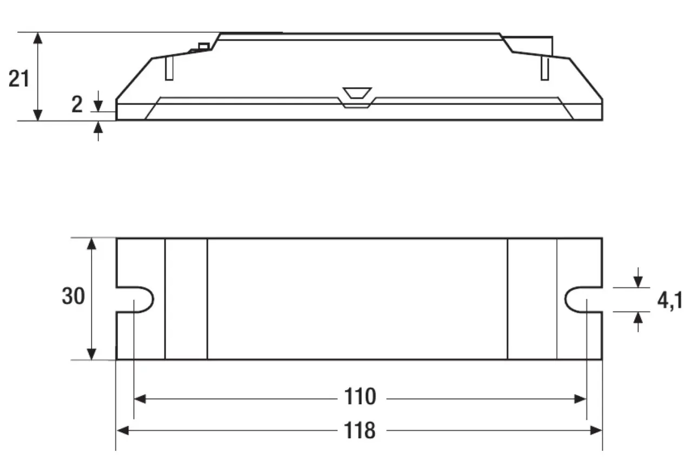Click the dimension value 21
[19, 79]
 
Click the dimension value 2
[77, 104]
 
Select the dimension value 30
[73, 297]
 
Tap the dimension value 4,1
[669, 300]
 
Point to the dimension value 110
[360, 397]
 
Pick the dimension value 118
[360, 431]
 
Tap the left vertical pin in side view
[169, 69]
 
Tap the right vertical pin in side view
[544, 69]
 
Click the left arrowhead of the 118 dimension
[123, 431]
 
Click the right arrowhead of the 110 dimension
[580, 399]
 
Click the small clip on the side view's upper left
[203, 47]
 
